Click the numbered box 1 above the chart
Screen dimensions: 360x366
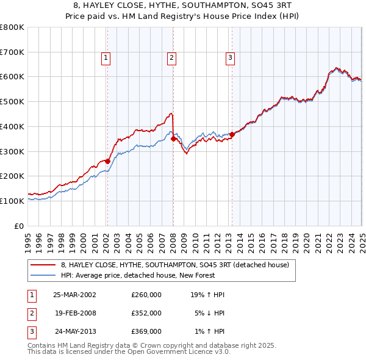(106, 58)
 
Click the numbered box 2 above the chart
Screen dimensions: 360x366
(172, 58)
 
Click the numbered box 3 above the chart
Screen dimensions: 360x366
(231, 58)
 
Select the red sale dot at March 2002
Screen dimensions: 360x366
(107, 161)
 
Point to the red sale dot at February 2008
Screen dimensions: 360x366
(173, 139)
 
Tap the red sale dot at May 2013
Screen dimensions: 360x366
(232, 134)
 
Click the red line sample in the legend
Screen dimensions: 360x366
(43, 265)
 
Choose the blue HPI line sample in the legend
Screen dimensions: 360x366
(43, 275)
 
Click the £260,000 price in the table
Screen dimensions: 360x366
(146, 294)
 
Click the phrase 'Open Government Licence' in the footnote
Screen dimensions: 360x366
(157, 351)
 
